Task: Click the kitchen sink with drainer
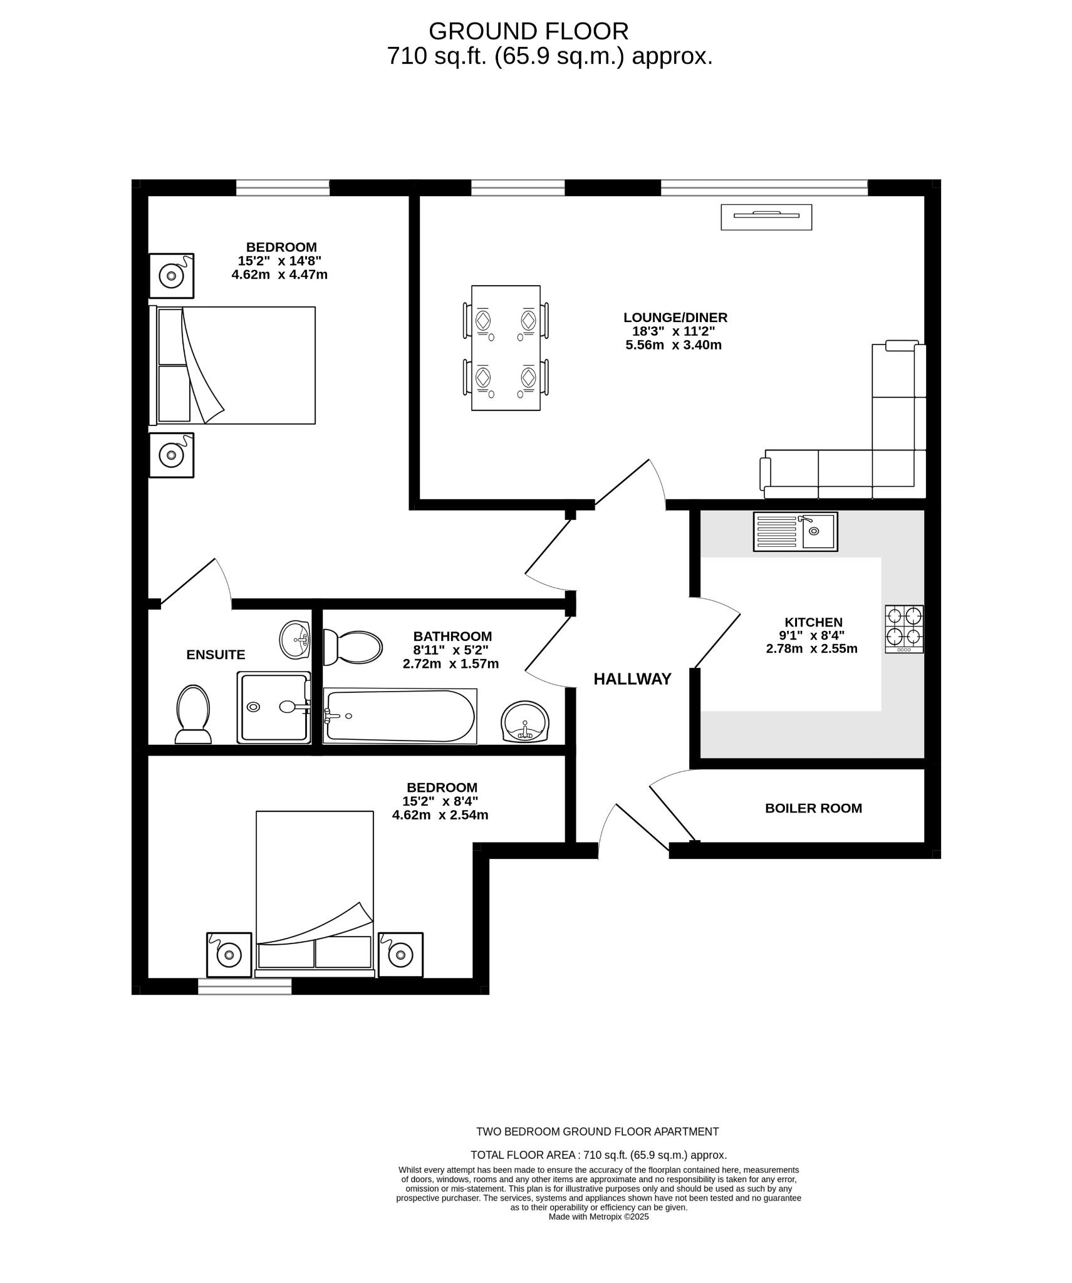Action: [794, 532]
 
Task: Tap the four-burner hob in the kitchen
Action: [903, 628]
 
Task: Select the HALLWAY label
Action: [632, 679]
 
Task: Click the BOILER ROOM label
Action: [813, 808]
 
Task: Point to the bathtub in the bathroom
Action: [400, 716]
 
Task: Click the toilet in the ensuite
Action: [193, 714]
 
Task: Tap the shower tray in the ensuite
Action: [273, 707]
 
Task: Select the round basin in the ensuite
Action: [294, 640]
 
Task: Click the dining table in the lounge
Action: [506, 348]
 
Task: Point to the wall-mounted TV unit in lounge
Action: [766, 217]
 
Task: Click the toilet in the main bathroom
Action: [353, 647]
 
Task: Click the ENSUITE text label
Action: [216, 655]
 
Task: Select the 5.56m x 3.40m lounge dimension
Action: [674, 345]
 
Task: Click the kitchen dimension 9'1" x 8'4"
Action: [811, 636]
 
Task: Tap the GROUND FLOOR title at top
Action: [528, 31]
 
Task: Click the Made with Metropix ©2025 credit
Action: [598, 1217]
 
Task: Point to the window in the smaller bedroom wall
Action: [244, 986]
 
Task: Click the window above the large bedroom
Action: [282, 187]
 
